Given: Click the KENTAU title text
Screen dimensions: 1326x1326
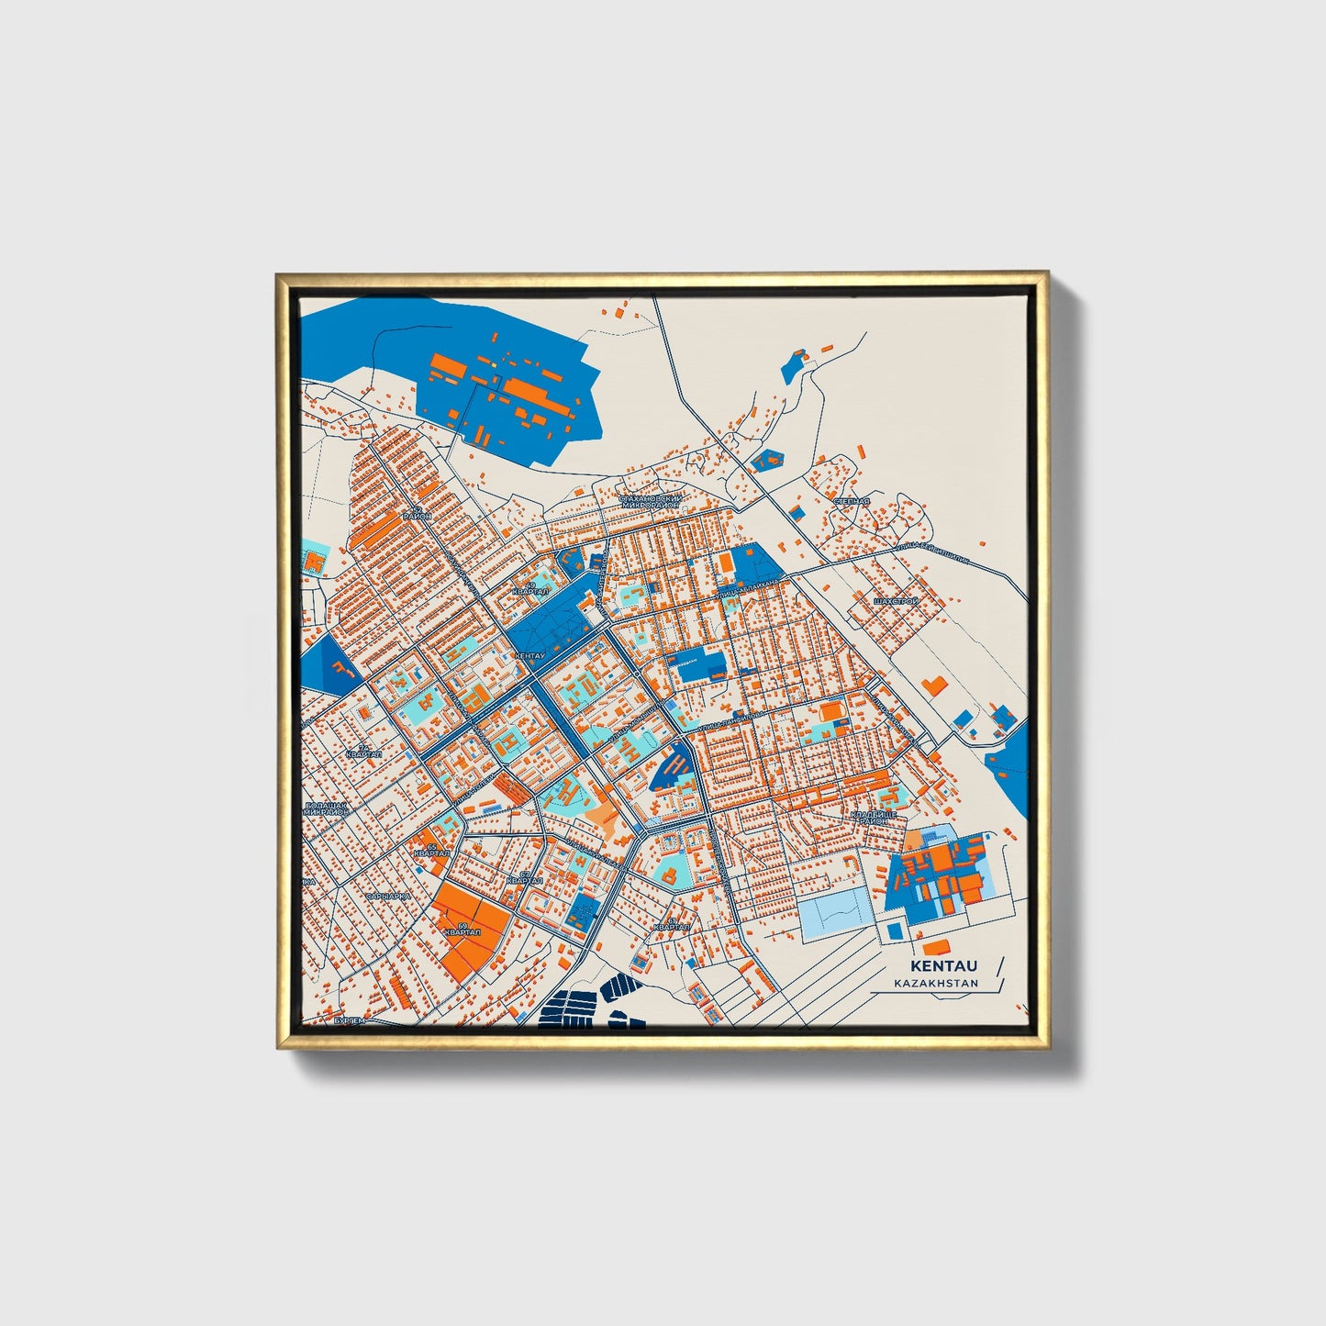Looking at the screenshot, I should point(943,965).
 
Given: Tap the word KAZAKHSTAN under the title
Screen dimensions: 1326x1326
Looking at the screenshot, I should point(936,983).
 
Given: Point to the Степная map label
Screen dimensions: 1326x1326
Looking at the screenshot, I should point(850,502).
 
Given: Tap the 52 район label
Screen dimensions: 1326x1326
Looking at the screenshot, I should point(420,514).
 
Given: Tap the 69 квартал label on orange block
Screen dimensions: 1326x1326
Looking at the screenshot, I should point(461,930).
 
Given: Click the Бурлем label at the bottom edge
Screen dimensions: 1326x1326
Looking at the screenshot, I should point(349,1020).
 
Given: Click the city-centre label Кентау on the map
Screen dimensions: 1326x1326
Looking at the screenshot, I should point(530,656).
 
